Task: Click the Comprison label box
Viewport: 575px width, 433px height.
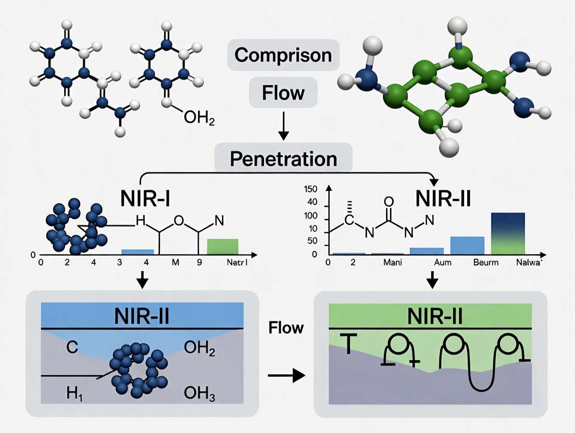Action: point(283,55)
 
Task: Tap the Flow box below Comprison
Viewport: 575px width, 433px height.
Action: point(283,93)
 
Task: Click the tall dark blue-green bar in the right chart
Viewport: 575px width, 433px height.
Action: point(508,233)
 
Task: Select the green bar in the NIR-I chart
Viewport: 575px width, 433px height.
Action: point(222,247)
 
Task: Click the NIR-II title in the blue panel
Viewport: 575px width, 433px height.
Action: point(142,316)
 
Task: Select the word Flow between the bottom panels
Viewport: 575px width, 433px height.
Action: point(286,328)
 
